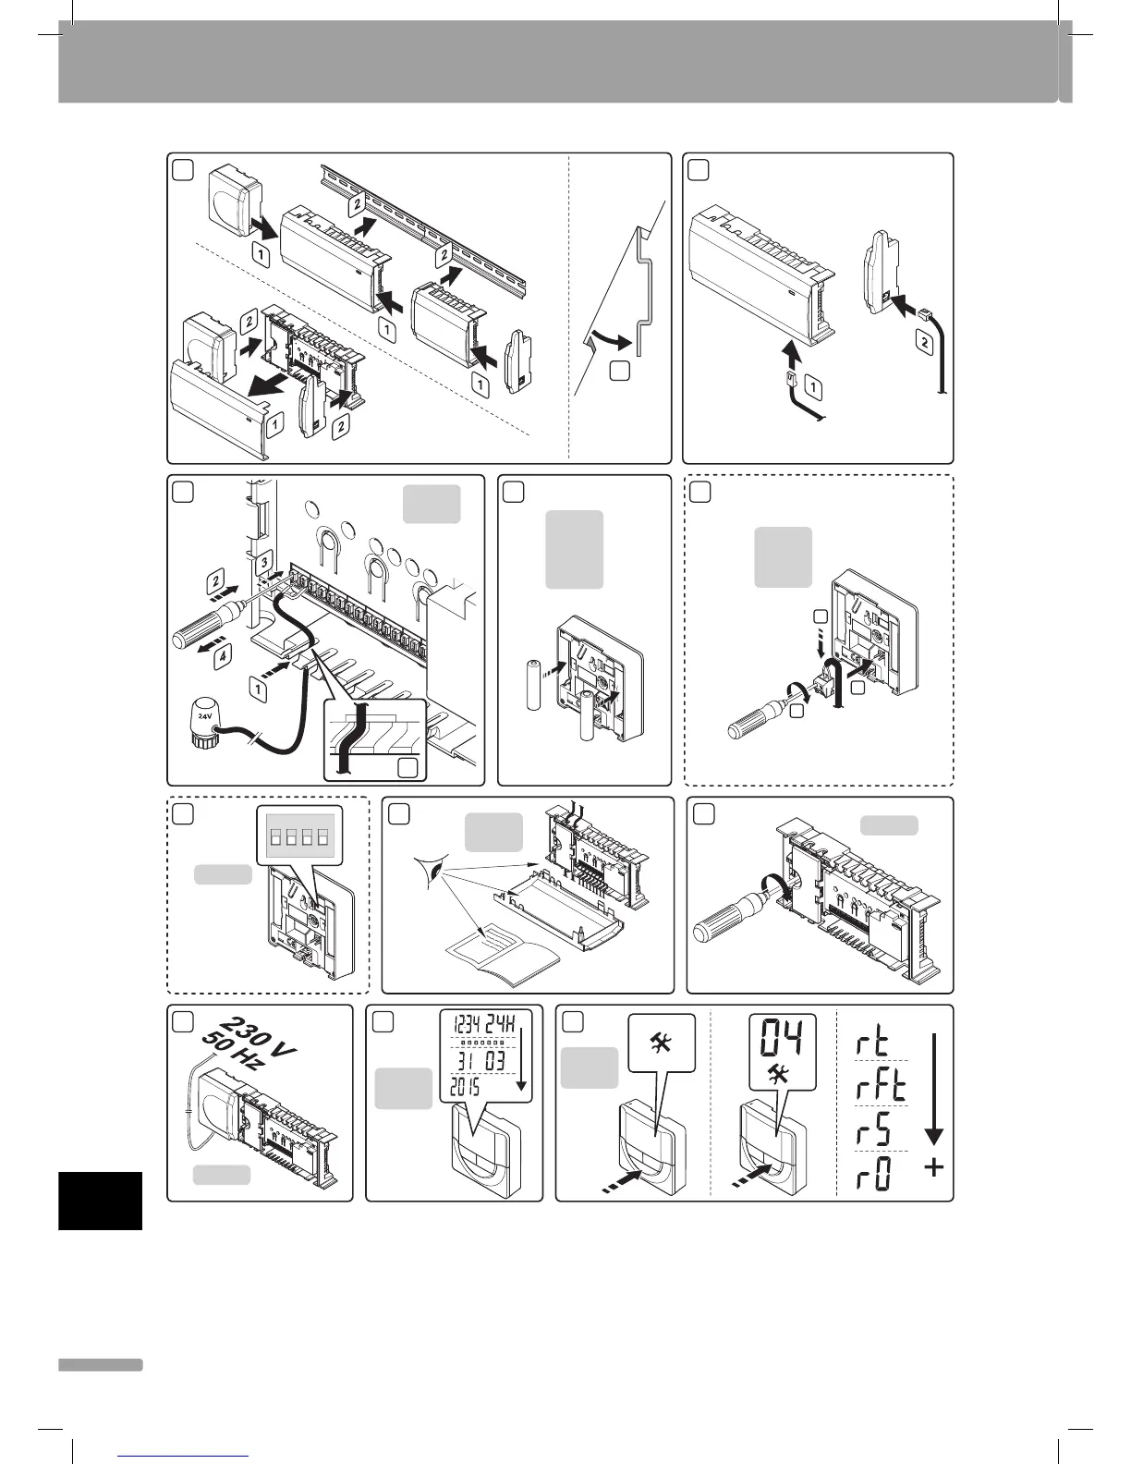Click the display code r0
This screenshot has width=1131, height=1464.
click(869, 1175)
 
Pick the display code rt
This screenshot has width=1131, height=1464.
click(869, 1044)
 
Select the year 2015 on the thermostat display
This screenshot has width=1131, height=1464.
click(469, 1087)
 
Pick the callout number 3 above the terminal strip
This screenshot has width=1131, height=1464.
click(262, 561)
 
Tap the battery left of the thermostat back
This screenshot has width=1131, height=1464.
click(532, 685)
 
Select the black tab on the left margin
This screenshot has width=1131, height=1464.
click(100, 1200)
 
